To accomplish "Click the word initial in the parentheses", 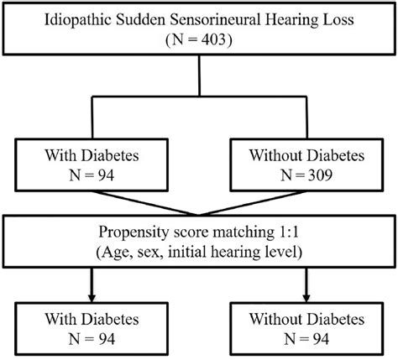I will coord(186,251).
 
